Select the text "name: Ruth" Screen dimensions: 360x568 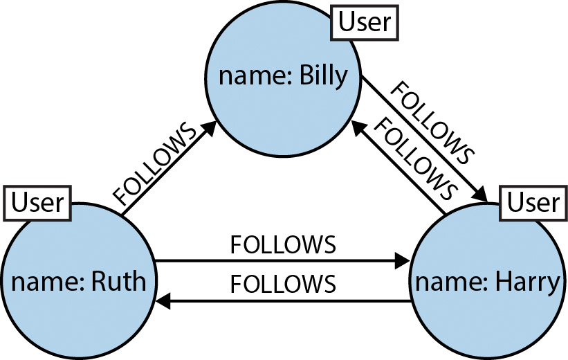click(78, 282)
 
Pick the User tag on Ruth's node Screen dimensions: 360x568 click(38, 203)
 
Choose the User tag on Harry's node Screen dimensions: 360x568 click(533, 203)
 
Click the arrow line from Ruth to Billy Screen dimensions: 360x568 click(166, 169)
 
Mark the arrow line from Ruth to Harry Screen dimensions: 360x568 click(277, 262)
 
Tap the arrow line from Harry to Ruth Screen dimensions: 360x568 click(291, 302)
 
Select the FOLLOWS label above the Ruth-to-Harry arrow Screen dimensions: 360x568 click(283, 245)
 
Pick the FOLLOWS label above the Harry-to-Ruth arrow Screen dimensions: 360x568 click(283, 285)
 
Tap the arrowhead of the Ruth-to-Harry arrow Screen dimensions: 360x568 click(402, 262)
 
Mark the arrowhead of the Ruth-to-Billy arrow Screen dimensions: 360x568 click(207, 128)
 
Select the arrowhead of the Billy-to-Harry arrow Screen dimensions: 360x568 click(481, 193)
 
